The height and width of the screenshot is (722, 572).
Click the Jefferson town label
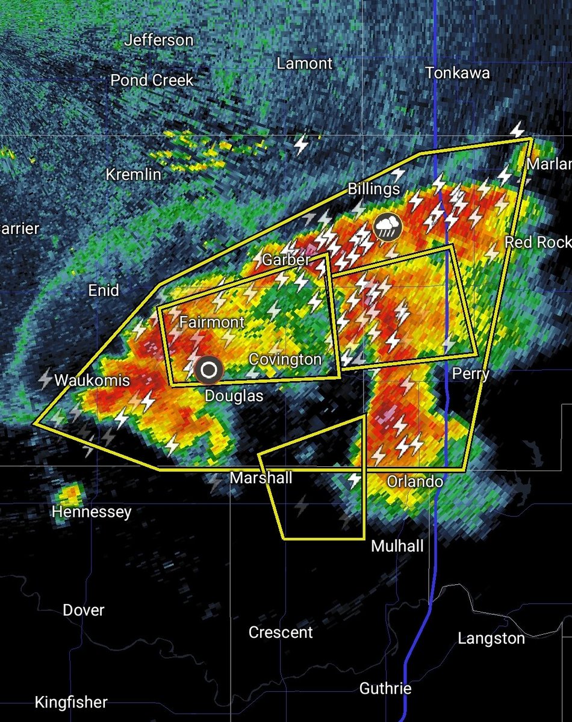point(159,41)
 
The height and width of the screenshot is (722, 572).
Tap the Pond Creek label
point(152,80)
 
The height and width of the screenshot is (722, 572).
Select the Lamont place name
point(305,63)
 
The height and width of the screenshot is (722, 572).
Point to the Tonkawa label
point(458,73)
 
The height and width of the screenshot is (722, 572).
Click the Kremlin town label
point(134,174)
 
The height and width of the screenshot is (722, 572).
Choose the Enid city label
point(104,291)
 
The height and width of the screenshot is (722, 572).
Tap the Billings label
point(374,189)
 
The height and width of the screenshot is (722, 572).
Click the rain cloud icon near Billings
point(388,227)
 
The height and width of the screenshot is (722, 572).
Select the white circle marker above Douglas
point(209,370)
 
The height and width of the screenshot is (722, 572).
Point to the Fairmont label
point(212,322)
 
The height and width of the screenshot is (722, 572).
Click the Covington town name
point(285,359)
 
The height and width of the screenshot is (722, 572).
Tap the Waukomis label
point(92,380)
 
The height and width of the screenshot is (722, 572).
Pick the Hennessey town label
point(92,512)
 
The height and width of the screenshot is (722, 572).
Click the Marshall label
point(261,478)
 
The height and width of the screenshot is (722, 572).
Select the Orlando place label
point(415,481)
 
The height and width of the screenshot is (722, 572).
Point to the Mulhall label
point(397,546)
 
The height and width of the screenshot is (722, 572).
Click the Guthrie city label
point(385,688)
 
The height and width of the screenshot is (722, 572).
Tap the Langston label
point(491,638)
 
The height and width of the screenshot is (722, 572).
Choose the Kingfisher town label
point(71,702)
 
